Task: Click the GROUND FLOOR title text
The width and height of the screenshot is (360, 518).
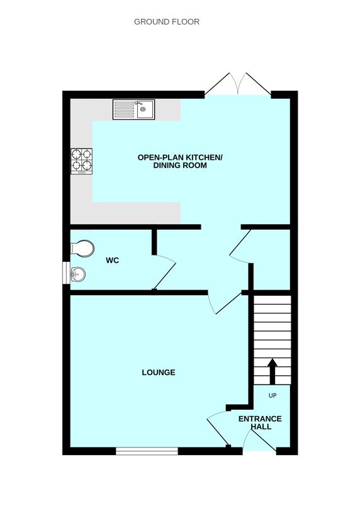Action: [x=167, y=21]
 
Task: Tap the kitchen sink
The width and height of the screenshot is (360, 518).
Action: [x=133, y=110]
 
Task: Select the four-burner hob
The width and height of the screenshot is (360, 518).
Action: [x=81, y=160]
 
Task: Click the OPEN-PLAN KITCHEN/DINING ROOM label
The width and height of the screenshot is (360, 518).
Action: [x=180, y=161]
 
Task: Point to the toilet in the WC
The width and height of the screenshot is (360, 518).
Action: [x=81, y=248]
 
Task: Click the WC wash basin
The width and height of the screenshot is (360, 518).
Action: [x=77, y=275]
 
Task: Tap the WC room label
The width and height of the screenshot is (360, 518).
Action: [x=113, y=260]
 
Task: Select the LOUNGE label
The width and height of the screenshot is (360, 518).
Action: [x=159, y=372]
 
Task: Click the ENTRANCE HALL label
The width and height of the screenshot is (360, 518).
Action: [x=260, y=422]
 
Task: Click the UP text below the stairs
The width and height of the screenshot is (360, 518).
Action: [x=273, y=396]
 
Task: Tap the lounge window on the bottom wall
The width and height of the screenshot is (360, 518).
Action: [x=147, y=451]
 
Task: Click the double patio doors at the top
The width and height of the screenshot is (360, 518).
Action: [x=238, y=84]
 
